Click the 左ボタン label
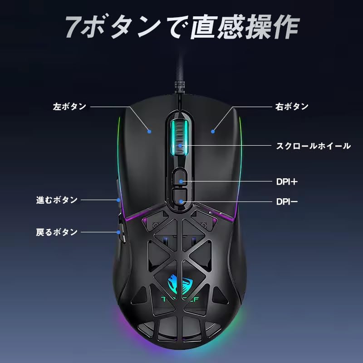coord(69,107)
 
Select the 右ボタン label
coord(292,107)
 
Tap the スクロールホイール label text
coord(314,146)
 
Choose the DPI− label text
coord(287,201)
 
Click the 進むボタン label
coord(57,200)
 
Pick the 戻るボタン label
coord(57,232)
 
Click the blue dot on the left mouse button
coord(149,132)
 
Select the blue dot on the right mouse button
coord(212,132)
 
